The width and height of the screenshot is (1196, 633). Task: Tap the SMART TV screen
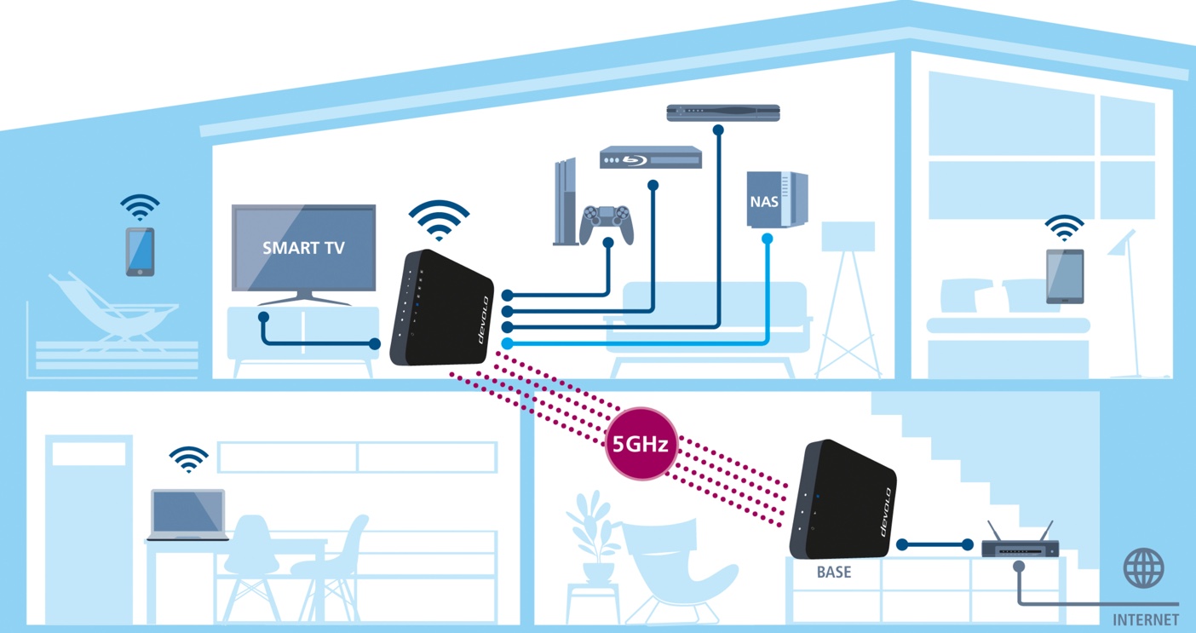[x=303, y=248]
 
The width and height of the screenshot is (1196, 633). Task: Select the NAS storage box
[x=776, y=200]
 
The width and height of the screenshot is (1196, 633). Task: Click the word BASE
[x=833, y=572]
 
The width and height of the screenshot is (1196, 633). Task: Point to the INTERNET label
[x=1146, y=619]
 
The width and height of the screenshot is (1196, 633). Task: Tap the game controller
[x=607, y=223]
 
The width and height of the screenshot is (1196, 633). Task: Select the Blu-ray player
[x=651, y=158]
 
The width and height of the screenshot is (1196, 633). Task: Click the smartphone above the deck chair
[x=141, y=251]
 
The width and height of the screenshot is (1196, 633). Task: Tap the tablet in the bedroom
[x=1065, y=276]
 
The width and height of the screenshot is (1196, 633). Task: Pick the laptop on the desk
[x=187, y=515]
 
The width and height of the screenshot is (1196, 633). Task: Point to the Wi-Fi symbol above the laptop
[x=188, y=459]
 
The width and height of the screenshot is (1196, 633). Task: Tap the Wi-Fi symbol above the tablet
[x=1065, y=227]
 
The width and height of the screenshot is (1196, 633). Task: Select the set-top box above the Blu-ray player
[x=723, y=112]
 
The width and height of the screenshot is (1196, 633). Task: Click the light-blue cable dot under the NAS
[x=767, y=239]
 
